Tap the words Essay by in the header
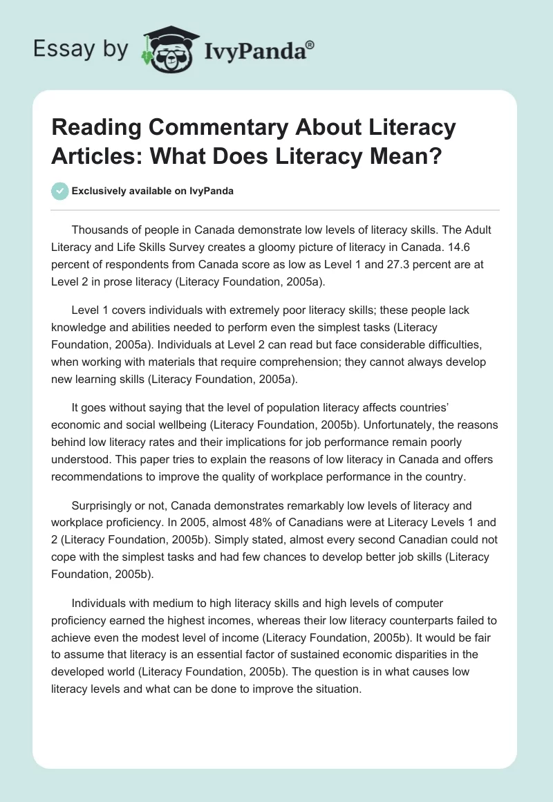tap(81, 49)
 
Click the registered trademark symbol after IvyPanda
tap(310, 44)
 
